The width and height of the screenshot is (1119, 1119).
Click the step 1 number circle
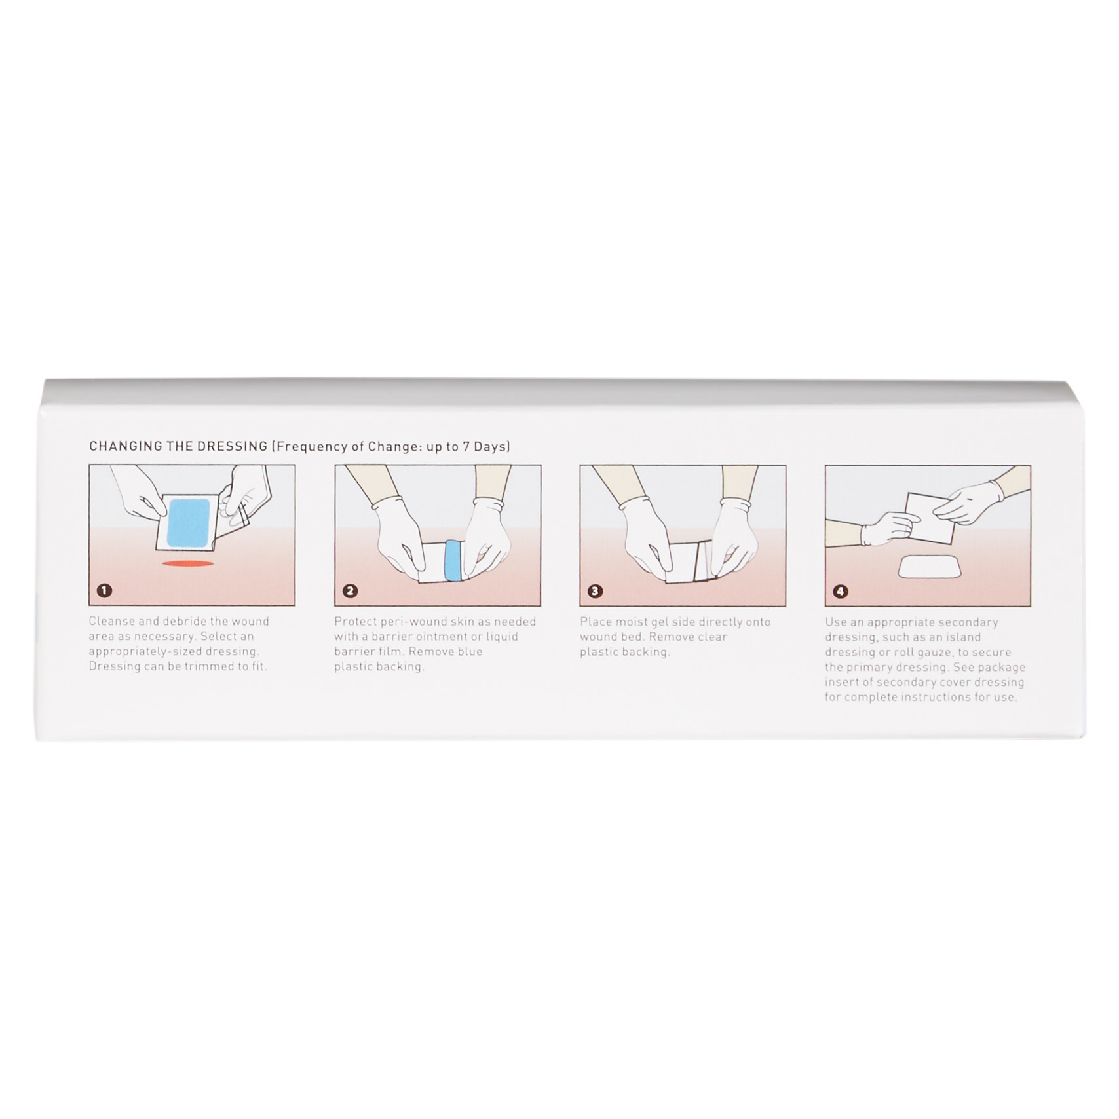(104, 590)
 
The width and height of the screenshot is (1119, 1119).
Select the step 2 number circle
(350, 591)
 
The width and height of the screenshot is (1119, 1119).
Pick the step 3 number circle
(595, 591)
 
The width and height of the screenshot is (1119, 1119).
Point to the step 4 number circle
(841, 592)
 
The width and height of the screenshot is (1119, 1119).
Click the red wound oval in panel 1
(188, 563)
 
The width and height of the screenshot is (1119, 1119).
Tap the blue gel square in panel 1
(189, 522)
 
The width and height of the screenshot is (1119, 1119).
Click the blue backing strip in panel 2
(452, 561)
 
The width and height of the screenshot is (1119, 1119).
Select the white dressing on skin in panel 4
(928, 567)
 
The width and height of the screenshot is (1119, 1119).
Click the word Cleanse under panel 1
(111, 621)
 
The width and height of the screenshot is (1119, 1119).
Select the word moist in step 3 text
(632, 622)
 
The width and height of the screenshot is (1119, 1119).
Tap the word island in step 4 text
(963, 637)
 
